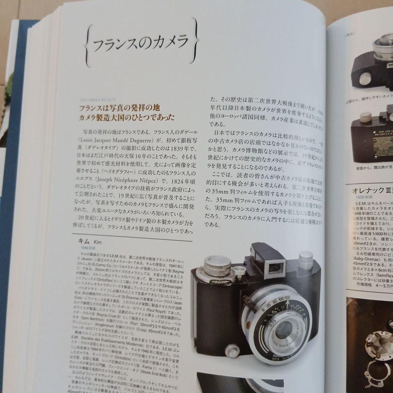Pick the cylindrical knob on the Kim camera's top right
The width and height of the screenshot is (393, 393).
[305, 261]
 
